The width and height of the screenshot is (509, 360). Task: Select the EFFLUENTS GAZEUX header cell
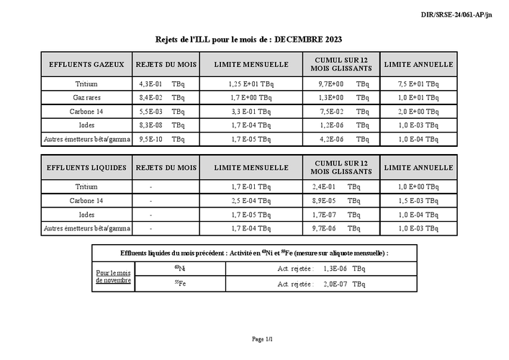(87, 64)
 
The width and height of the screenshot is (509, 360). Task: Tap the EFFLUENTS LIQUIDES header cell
(87, 168)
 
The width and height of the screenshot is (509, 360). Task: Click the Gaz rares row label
(87, 96)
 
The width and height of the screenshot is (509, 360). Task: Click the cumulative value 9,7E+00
(331, 84)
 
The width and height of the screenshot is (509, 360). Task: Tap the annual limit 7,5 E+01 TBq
(418, 84)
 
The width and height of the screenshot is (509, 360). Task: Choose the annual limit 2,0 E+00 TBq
(418, 112)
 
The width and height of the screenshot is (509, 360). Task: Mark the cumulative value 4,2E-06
(331, 139)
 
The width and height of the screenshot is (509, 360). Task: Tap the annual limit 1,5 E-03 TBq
(418, 201)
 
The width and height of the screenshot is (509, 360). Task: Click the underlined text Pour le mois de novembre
(114, 276)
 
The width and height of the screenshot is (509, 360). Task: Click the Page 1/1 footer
(263, 338)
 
